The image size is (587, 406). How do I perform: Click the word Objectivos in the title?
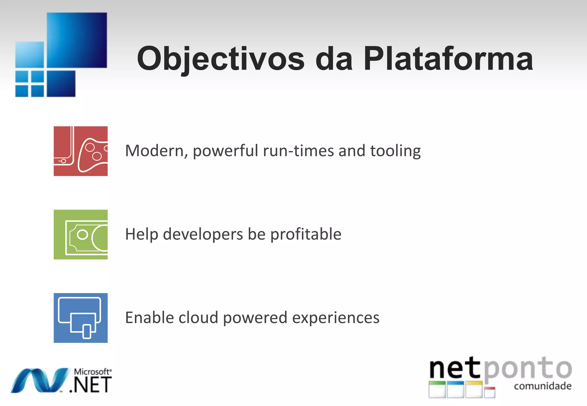[x=221, y=59]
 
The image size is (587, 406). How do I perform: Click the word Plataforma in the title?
[x=448, y=59]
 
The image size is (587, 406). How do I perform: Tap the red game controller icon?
[x=81, y=151]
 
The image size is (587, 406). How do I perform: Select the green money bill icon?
[x=81, y=234]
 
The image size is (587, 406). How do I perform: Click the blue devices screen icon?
[x=81, y=318]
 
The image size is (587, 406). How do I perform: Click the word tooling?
[x=395, y=151]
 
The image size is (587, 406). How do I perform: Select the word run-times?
[x=298, y=151]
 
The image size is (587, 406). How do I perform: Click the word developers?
[x=203, y=234]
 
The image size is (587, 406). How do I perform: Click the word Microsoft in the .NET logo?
[x=92, y=372]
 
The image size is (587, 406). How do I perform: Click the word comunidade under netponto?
[x=543, y=386]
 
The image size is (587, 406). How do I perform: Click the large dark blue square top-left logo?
[x=77, y=40]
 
